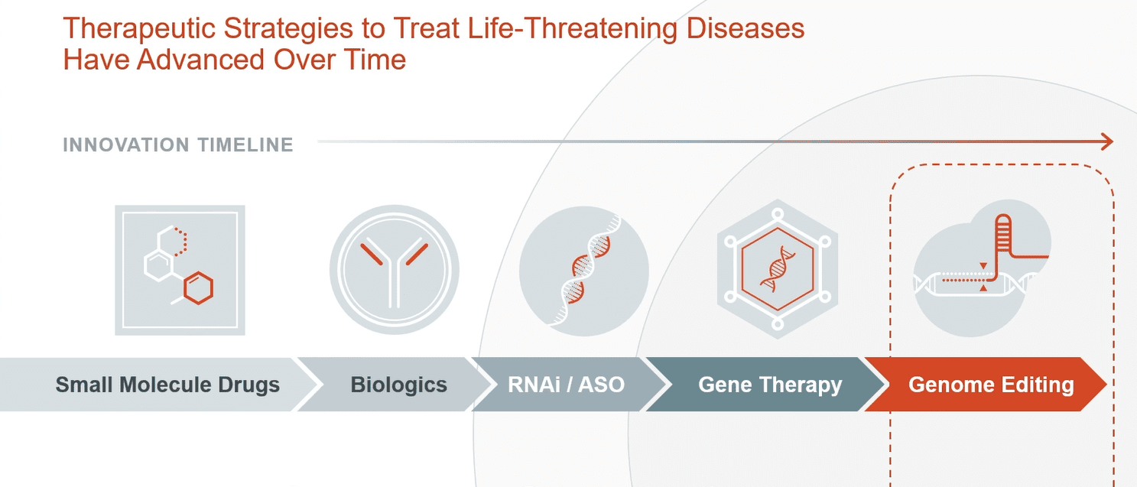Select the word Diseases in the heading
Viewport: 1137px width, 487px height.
(746, 28)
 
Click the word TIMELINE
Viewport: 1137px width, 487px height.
(245, 145)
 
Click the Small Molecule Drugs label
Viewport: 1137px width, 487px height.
(167, 385)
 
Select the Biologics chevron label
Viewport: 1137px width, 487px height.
(399, 385)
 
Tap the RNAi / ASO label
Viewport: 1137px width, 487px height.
(566, 385)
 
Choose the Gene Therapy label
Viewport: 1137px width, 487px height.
(770, 385)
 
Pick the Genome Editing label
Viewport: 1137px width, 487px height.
(991, 385)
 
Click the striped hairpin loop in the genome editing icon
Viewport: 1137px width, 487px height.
(1003, 232)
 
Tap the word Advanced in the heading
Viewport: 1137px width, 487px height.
(201, 60)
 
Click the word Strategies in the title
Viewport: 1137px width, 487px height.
(288, 29)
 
